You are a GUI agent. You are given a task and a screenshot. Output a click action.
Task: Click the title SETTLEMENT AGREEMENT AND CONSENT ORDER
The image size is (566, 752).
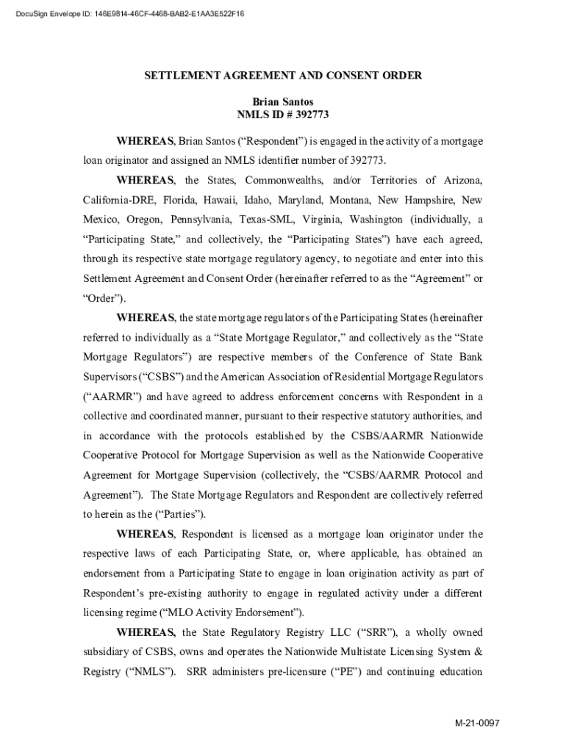[282, 76]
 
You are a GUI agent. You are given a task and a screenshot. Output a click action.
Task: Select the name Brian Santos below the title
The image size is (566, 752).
[282, 101]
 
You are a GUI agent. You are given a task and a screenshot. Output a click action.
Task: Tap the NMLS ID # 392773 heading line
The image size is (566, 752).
[282, 115]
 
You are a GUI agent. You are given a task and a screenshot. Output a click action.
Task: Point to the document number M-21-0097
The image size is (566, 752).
[478, 723]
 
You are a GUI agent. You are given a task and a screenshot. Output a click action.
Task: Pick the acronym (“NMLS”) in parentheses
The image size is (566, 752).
[151, 671]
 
